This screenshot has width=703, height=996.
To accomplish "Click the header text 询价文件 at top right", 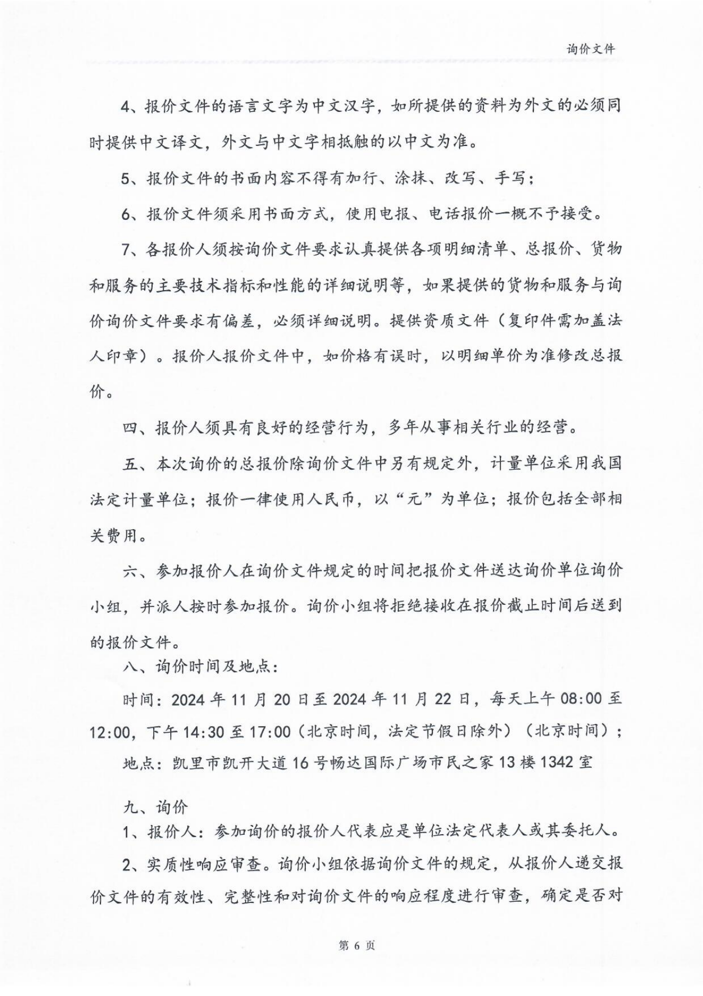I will (x=590, y=49).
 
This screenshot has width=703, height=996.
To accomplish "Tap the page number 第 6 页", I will (x=357, y=945).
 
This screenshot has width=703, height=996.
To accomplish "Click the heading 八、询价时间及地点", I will (x=200, y=666).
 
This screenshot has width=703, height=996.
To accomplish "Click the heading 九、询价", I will (x=155, y=808).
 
